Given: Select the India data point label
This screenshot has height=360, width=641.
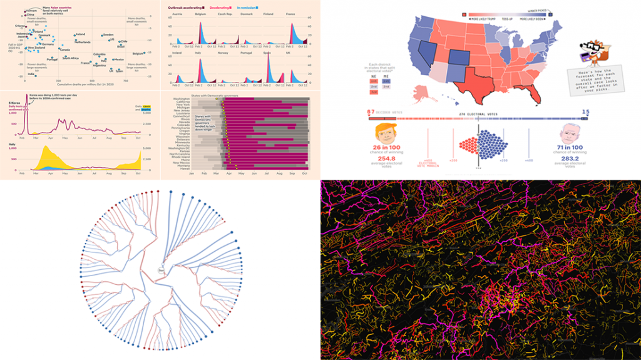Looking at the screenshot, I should [x=31, y=75].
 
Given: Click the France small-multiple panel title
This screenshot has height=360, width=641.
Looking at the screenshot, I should [x=290, y=14].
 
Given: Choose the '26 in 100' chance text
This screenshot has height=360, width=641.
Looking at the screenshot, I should [x=390, y=147].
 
